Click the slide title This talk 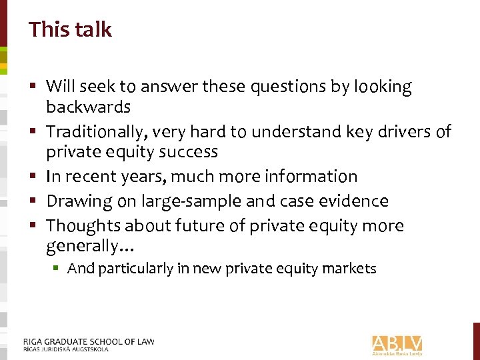coord(70,29)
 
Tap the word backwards coord(88,107)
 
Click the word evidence coord(352,201)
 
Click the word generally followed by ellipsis coord(90,247)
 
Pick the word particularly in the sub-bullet coord(136,269)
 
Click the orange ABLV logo coord(397,343)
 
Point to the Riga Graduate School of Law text coord(88,342)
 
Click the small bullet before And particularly coord(59,269)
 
